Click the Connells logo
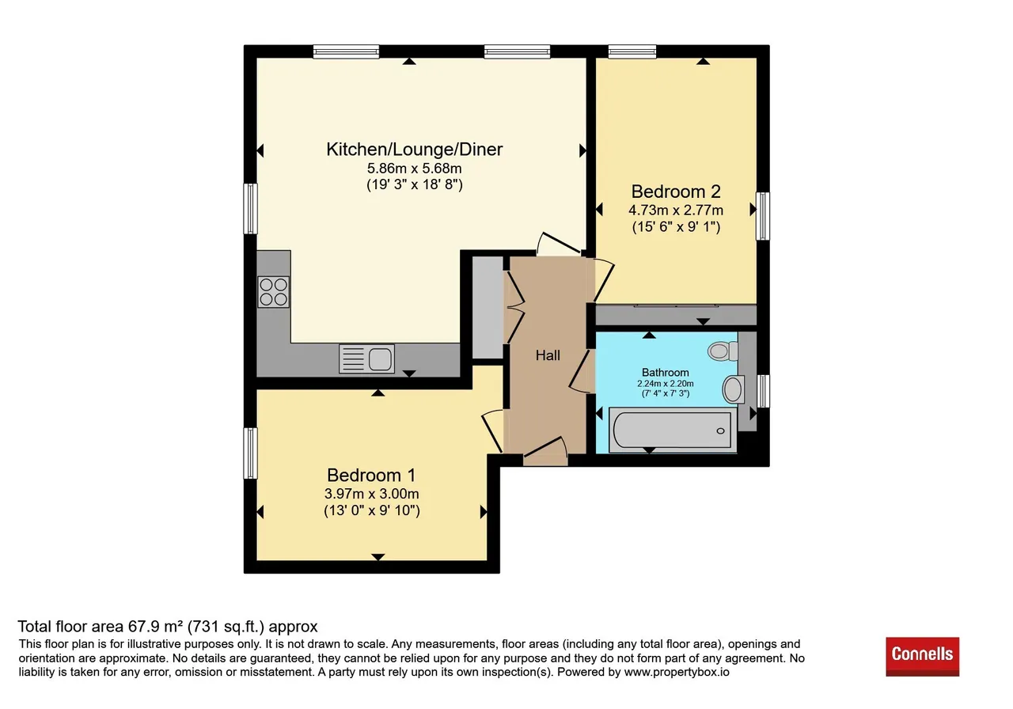922,657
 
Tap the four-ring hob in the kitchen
274,292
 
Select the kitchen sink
366,359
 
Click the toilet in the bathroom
723,351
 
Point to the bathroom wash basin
734,389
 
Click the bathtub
673,430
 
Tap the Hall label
548,355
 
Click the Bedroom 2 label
676,191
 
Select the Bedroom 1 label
371,476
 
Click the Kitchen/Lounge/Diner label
414,150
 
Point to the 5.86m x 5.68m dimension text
414,169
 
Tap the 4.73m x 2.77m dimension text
676,210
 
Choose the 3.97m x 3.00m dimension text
371,494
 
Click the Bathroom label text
666,373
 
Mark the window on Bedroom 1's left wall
250,453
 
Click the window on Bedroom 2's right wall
763,216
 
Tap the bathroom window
763,391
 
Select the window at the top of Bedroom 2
632,51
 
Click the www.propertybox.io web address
677,673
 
